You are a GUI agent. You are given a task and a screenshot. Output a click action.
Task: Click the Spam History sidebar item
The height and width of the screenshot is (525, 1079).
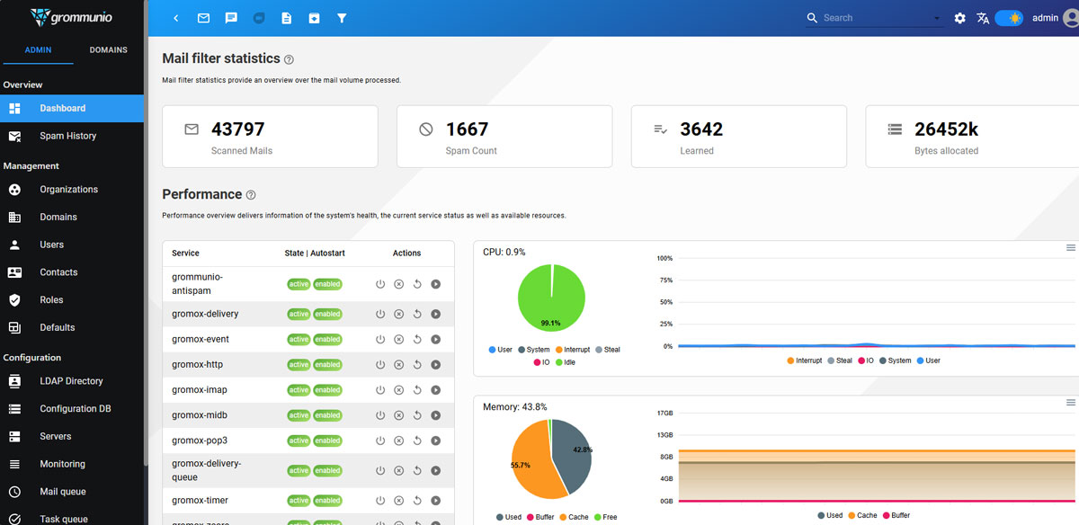(67, 136)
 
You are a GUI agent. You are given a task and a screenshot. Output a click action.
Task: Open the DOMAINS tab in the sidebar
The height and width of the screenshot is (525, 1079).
(108, 50)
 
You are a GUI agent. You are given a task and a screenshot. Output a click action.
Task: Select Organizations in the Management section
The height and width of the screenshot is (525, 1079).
(68, 190)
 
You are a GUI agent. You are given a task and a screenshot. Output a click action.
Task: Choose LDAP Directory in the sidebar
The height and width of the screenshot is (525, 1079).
(71, 381)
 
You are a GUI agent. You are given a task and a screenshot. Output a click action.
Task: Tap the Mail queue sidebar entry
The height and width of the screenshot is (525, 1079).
(62, 492)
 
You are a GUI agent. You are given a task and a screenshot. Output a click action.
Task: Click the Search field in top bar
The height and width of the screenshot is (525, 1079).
(877, 18)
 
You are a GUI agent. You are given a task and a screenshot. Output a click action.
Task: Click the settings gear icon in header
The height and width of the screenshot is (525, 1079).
(959, 18)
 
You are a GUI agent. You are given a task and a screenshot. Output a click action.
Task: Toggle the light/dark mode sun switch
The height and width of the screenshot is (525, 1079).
(1009, 18)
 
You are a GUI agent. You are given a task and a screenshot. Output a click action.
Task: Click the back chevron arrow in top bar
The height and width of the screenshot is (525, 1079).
(175, 18)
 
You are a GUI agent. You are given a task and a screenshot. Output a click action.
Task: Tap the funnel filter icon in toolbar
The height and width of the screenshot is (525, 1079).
(342, 18)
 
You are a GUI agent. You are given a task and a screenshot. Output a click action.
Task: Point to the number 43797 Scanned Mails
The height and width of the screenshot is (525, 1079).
(237, 129)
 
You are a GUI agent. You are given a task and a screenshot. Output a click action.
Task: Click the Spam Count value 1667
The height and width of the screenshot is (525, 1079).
(467, 129)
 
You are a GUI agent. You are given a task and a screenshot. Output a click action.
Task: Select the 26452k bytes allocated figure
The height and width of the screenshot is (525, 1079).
(946, 129)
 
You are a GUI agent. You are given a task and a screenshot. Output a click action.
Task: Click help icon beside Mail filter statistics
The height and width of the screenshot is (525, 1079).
(289, 59)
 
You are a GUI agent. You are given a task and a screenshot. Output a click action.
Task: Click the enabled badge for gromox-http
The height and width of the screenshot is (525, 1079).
(327, 365)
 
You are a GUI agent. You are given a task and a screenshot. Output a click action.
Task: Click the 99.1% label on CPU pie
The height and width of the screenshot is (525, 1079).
(550, 323)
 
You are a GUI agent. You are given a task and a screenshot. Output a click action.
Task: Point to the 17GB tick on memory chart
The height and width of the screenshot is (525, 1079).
(665, 414)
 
